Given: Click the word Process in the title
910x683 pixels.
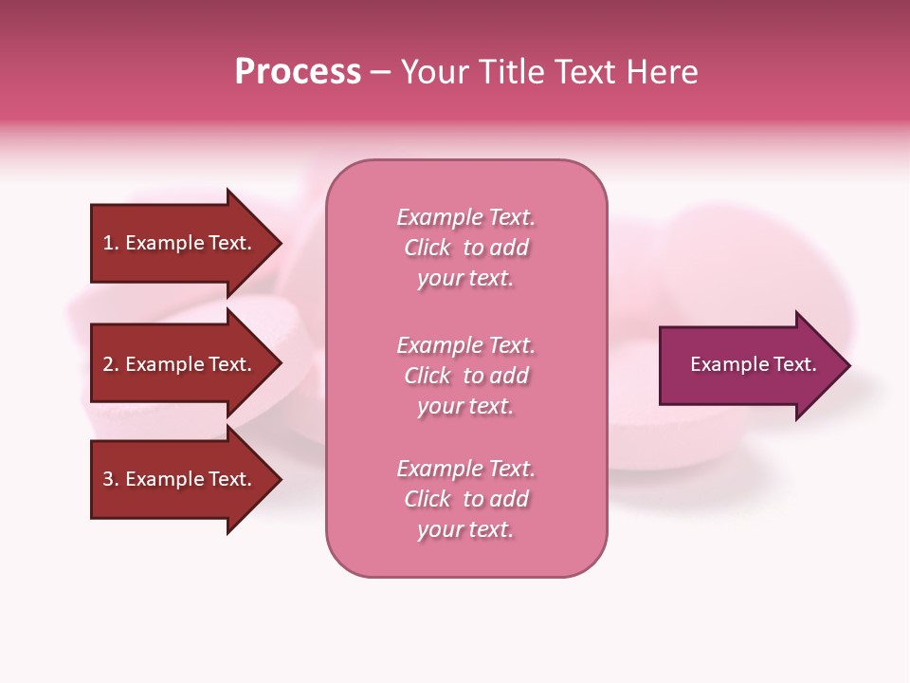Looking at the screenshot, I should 298,72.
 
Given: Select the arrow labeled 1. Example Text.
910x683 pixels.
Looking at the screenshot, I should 177,243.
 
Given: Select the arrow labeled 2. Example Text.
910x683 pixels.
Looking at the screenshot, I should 177,364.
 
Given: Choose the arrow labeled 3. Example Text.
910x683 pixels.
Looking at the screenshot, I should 177,479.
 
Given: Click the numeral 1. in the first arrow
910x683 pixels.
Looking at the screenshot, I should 111,243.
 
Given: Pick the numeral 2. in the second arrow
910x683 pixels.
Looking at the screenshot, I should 111,364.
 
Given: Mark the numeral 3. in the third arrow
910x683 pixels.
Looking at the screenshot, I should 111,479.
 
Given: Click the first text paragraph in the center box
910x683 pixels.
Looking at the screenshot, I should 465,248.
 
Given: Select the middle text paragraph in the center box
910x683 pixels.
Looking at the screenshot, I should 465,376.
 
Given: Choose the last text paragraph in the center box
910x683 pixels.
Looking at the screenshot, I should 465,499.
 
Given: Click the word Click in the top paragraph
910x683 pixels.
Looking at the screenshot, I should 428,248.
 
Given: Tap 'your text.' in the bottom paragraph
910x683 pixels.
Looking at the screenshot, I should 465,529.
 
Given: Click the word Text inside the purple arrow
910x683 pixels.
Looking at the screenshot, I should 795,364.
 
